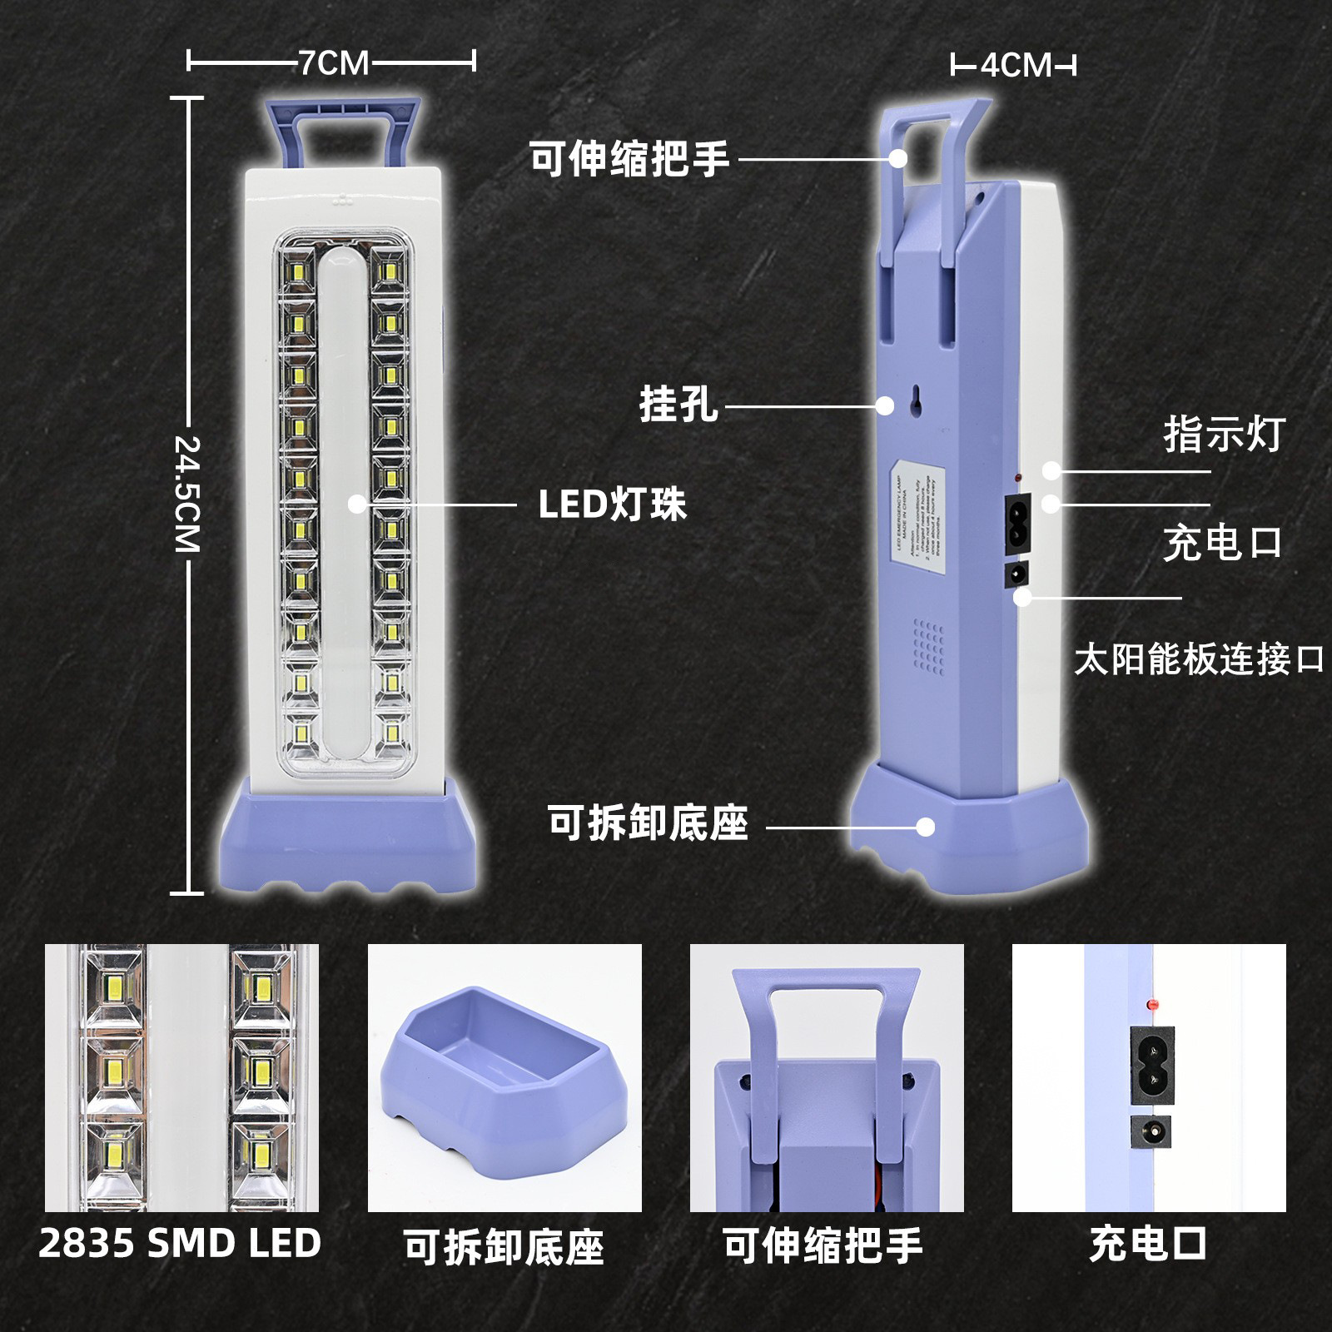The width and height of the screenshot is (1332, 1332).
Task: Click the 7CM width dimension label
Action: [333, 62]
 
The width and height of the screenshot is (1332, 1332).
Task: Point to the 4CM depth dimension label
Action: [1015, 65]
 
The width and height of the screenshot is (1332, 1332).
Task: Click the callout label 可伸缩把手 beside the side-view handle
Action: [630, 158]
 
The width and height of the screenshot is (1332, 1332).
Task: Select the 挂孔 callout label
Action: [678, 405]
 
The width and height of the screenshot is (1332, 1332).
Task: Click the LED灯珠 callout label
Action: [612, 504]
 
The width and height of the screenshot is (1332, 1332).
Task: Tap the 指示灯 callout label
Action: [1224, 435]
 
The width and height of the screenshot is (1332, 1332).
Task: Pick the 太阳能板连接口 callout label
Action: [1199, 659]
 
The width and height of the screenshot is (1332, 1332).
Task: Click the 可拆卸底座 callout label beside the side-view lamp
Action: [648, 823]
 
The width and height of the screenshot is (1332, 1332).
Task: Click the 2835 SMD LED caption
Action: [180, 1244]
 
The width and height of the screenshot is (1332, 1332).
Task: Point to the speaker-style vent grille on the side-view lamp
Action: [929, 646]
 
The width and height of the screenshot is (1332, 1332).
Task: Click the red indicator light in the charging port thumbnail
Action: [1152, 1006]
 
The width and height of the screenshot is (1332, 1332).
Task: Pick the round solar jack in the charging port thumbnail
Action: [1151, 1131]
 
